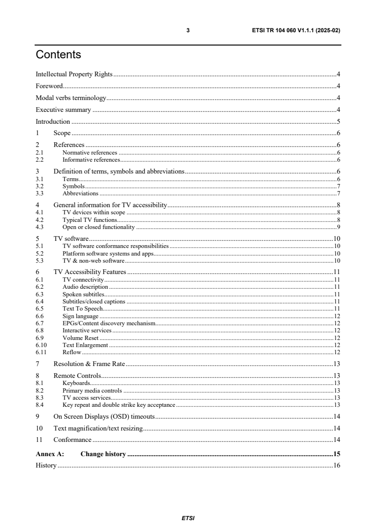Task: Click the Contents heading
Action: [x=58, y=55]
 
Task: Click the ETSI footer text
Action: [x=188, y=518]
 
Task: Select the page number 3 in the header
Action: [x=188, y=30]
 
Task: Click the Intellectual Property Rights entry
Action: [x=74, y=74]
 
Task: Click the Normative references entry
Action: [x=90, y=153]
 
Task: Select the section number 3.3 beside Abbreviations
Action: [x=40, y=193]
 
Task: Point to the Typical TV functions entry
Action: [x=89, y=220]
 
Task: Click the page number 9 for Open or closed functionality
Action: [x=338, y=228]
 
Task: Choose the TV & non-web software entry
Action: [x=93, y=261]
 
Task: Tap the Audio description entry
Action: [x=85, y=287]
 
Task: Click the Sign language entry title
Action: [x=81, y=316]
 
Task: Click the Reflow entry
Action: [x=72, y=352]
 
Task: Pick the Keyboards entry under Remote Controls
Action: [x=76, y=383]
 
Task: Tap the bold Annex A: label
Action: [x=50, y=454]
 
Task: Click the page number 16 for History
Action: [x=336, y=466]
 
